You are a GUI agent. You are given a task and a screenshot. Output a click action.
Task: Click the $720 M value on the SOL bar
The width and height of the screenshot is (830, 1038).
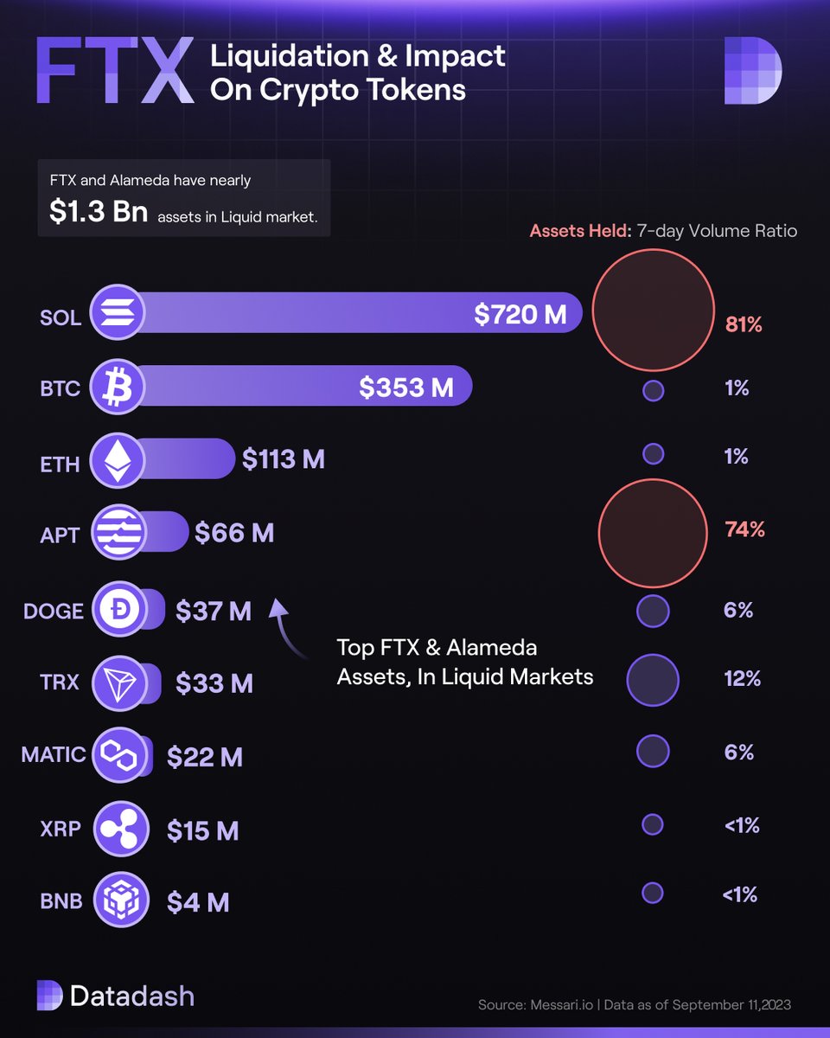[520, 315]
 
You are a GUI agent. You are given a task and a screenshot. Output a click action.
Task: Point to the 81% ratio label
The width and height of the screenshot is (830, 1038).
[744, 326]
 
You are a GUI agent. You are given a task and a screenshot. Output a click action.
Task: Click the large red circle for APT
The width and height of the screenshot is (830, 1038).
[653, 531]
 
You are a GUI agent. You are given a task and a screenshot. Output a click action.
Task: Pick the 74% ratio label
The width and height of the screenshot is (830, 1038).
[744, 529]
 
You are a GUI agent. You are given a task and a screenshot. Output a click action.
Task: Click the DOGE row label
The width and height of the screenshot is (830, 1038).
[54, 612]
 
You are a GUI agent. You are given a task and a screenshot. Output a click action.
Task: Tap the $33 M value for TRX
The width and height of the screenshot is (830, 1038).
[214, 684]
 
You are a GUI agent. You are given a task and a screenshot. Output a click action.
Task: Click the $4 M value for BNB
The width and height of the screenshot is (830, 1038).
[198, 902]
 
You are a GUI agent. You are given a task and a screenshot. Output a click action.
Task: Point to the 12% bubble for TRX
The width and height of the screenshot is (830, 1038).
[653, 680]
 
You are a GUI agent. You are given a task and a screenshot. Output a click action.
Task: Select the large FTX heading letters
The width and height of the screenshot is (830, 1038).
[114, 71]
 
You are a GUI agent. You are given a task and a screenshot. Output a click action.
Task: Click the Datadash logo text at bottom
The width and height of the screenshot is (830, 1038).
[131, 996]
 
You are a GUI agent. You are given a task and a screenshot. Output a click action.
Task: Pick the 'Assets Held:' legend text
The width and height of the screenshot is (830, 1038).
[580, 231]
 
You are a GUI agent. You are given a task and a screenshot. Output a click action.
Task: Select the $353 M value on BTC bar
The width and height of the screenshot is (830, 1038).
[406, 388]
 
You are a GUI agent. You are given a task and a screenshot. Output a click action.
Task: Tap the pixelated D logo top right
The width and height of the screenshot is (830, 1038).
[752, 71]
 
